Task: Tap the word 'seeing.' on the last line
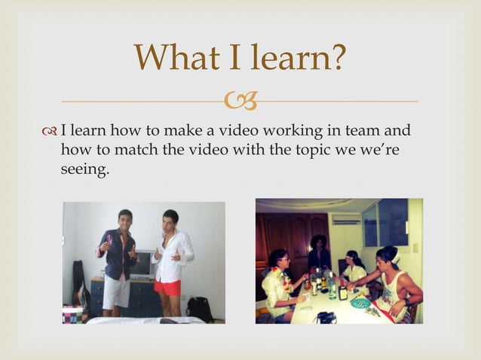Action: tap(84, 170)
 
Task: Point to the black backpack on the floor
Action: tap(199, 309)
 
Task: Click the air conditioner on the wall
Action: tap(347, 220)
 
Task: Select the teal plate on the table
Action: tap(361, 301)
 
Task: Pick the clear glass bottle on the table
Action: tap(332, 285)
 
